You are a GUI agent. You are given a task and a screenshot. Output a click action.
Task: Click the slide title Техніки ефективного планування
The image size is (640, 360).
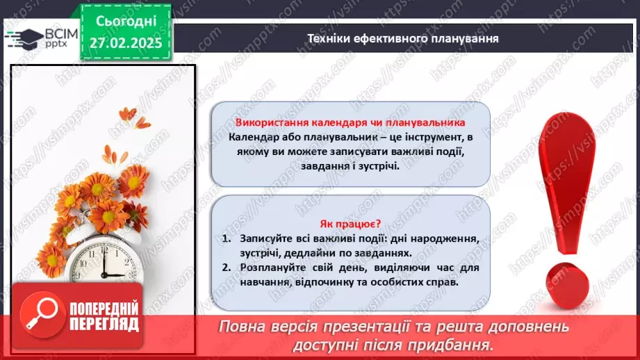pyautogui.click(x=403, y=38)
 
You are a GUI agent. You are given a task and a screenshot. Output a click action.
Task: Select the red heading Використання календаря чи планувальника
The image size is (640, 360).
pyautogui.click(x=350, y=122)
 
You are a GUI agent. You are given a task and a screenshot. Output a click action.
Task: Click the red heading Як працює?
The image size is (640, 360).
pyautogui.click(x=350, y=224)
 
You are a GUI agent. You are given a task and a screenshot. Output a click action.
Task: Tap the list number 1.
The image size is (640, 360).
pyautogui.click(x=227, y=238)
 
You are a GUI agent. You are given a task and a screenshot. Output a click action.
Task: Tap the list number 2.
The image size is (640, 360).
pyautogui.click(x=227, y=268)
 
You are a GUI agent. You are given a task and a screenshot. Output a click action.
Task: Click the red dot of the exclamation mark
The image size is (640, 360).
pyautogui.click(x=569, y=284)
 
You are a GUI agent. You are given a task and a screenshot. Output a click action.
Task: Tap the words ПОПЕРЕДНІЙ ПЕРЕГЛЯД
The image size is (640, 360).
pyautogui.click(x=103, y=316)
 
